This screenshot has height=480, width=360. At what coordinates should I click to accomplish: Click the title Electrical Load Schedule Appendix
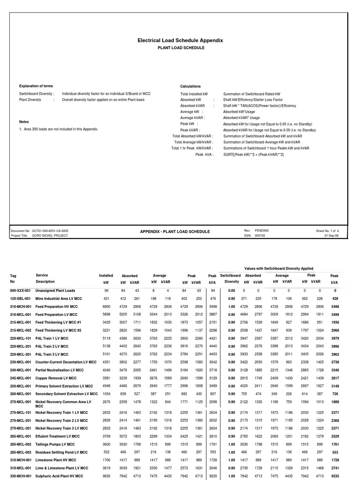(180, 40)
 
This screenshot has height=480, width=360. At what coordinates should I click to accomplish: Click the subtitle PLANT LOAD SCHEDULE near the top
(180, 48)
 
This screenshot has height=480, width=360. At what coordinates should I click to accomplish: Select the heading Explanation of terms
(36, 86)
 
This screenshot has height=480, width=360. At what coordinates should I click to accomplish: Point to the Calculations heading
(190, 86)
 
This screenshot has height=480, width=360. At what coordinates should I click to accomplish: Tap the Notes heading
(24, 121)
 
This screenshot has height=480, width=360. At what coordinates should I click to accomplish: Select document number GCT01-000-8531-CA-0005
(50, 231)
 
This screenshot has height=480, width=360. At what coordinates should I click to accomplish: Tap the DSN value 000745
(260, 236)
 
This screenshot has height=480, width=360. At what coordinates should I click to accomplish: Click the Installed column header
(106, 276)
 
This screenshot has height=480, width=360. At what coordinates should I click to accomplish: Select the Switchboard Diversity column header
(230, 278)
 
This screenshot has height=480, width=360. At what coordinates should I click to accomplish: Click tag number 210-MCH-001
(20, 306)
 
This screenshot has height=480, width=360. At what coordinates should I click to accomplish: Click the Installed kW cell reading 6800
(106, 306)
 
